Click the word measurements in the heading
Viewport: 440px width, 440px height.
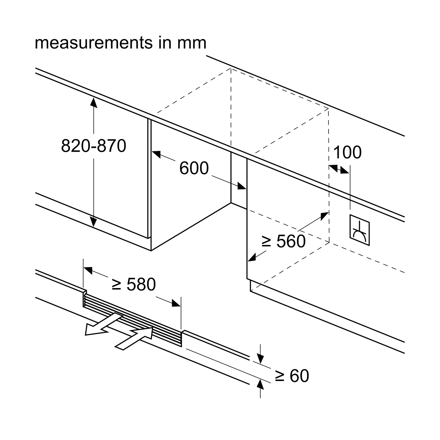tap(93, 43)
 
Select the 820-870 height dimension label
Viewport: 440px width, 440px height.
tap(94, 146)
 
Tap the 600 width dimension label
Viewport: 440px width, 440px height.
tap(194, 168)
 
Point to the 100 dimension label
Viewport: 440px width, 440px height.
tap(348, 152)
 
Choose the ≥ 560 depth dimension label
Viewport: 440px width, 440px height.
tap(283, 241)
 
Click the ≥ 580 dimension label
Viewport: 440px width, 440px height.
tap(134, 284)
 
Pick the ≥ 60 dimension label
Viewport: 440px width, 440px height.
tap(292, 376)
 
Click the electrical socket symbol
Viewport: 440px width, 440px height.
tap(360, 230)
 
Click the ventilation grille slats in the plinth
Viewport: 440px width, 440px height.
tap(132, 320)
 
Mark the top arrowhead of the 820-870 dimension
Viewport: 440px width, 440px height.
tap(94, 102)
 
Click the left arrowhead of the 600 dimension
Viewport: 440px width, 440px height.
tap(156, 154)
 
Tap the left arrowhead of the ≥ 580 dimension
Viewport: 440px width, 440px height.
tap(88, 270)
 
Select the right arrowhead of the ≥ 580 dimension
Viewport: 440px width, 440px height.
tap(177, 303)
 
